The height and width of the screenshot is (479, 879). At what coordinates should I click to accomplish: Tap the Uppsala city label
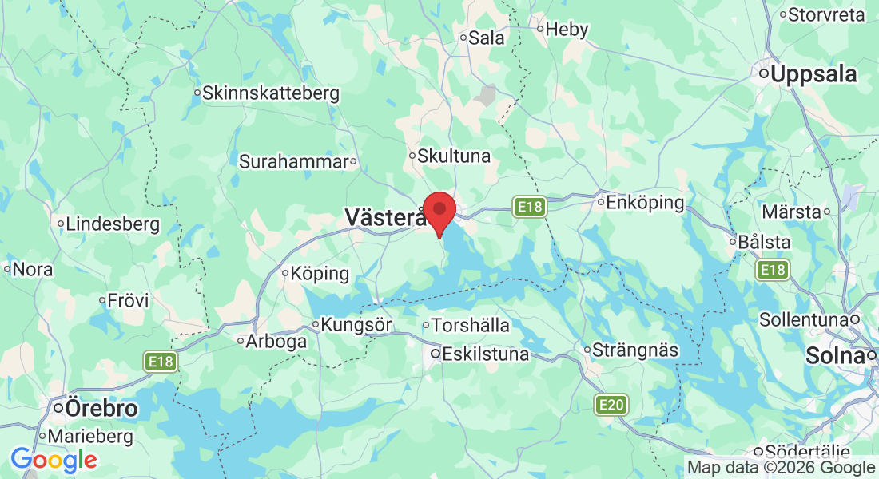807,74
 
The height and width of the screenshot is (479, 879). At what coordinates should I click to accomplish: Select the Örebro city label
101,409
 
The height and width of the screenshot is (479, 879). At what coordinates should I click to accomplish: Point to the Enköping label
645,202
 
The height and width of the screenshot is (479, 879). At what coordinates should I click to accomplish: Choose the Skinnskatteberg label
271,93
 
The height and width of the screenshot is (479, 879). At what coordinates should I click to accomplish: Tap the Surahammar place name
294,161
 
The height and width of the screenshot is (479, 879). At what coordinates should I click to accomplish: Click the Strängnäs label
635,350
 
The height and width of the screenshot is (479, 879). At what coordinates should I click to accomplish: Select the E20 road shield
611,406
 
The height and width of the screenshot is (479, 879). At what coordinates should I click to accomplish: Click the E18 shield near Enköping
529,207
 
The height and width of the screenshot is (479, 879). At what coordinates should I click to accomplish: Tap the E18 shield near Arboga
161,362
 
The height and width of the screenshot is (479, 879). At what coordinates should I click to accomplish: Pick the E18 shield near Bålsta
773,270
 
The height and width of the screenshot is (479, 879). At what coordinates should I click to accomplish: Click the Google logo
54,460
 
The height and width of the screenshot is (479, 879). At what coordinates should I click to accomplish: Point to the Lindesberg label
113,224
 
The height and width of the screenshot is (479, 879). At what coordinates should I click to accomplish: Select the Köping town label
320,274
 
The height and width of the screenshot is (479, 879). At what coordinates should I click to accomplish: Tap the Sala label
487,38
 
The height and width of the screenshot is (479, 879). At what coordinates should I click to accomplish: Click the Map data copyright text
781,468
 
